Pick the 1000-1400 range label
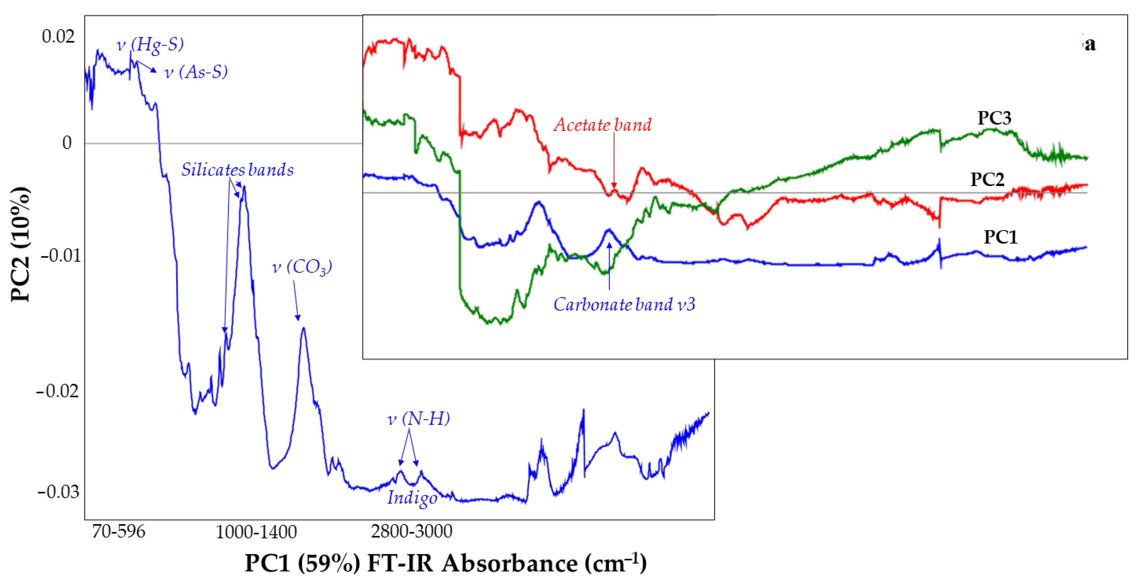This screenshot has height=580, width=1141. (256, 532)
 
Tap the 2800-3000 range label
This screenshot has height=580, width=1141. (411, 531)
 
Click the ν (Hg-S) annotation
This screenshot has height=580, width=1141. (150, 44)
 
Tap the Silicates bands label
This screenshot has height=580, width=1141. (237, 170)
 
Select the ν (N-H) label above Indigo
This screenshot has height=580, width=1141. (419, 419)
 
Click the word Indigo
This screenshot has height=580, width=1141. (412, 498)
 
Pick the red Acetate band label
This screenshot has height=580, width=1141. (602, 125)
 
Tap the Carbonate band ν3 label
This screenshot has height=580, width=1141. (624, 304)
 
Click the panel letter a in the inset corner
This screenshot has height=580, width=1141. (1090, 44)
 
